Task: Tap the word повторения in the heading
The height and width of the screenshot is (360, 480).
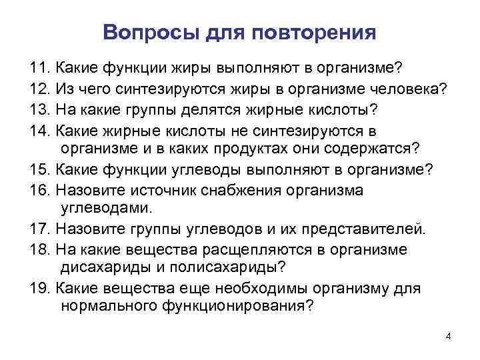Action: coord(321,33)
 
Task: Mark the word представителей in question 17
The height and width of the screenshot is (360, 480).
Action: coord(364,230)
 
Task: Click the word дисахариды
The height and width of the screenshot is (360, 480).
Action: coord(104,269)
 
